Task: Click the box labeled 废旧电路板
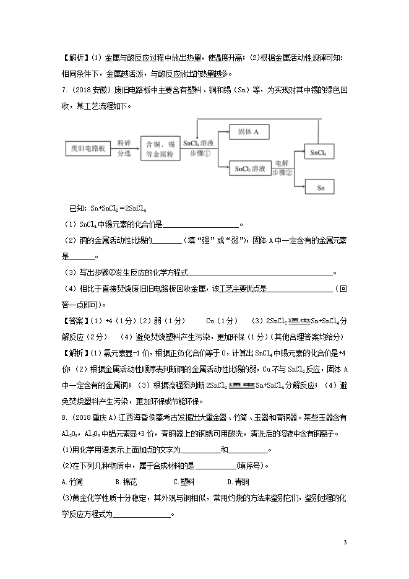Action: [x=87, y=149]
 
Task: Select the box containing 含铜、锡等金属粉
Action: [x=160, y=149]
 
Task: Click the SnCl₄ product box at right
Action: [x=319, y=152]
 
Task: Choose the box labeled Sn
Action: [x=319, y=186]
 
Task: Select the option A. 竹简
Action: [x=73, y=481]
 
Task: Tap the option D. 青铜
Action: [x=238, y=481]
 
